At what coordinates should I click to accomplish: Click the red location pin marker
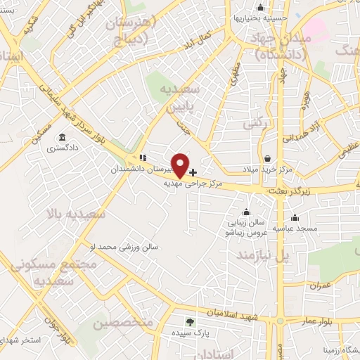(x=181, y=165)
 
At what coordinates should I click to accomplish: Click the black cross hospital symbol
(x=193, y=172)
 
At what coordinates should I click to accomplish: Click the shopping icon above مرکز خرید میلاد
(x=267, y=158)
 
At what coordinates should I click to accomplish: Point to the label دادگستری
(x=62, y=148)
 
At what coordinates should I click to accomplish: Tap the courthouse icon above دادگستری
(x=63, y=137)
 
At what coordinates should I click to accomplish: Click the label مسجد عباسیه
(x=297, y=228)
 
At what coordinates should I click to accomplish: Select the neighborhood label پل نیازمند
(x=263, y=254)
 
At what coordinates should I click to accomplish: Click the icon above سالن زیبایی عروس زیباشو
(x=245, y=212)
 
